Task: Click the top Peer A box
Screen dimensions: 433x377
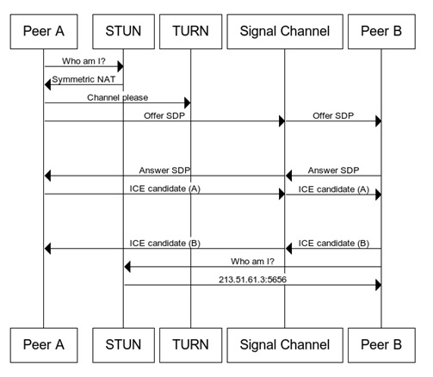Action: [44, 32]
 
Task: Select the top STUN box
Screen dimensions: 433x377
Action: [123, 32]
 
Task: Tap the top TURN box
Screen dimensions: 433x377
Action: [190, 32]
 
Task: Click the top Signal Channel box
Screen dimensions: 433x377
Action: [285, 32]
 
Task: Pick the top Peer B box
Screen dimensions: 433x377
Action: [381, 32]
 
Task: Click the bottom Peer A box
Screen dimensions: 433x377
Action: [44, 345]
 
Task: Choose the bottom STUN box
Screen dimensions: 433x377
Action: [123, 345]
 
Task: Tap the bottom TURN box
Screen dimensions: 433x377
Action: [190, 345]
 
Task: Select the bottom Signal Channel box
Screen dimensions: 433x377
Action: [285, 345]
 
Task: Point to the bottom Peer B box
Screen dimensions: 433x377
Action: [381, 345]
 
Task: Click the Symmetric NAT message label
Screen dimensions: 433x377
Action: [84, 79]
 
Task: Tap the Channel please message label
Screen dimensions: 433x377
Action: [118, 97]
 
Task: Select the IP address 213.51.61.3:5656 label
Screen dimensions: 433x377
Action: [252, 280]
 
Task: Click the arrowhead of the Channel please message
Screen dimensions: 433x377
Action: [188, 102]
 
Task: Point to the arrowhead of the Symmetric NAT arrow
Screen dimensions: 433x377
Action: [47, 84]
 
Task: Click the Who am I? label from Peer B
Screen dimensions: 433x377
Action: [252, 262]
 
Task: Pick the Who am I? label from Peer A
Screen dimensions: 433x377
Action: [84, 61]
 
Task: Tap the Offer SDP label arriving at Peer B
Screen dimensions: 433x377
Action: [333, 115]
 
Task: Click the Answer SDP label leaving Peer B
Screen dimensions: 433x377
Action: [333, 170]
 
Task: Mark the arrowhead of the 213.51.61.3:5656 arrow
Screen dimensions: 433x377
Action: [379, 285]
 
